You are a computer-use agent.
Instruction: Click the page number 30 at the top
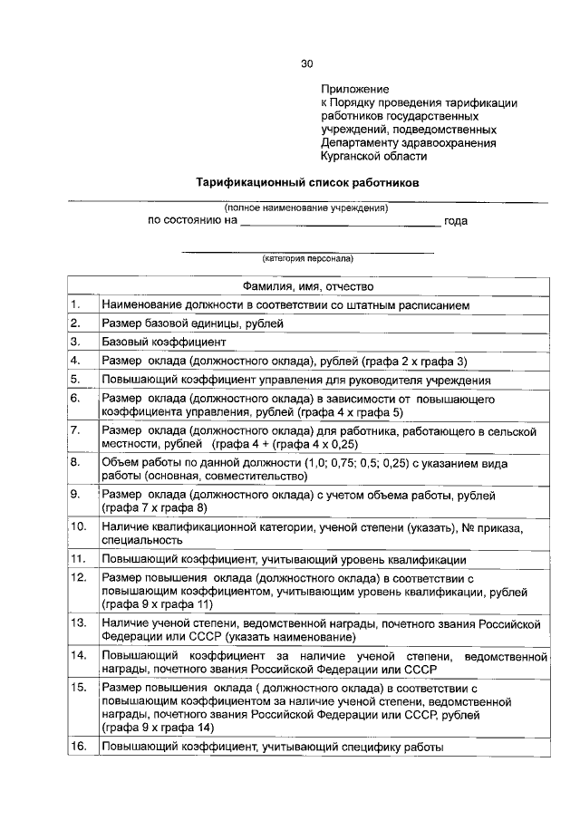[306, 63]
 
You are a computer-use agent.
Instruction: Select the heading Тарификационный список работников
[308, 181]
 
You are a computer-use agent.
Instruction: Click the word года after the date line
[456, 220]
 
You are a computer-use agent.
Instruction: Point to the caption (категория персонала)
[307, 257]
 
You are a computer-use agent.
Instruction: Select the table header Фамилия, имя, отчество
[308, 286]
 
